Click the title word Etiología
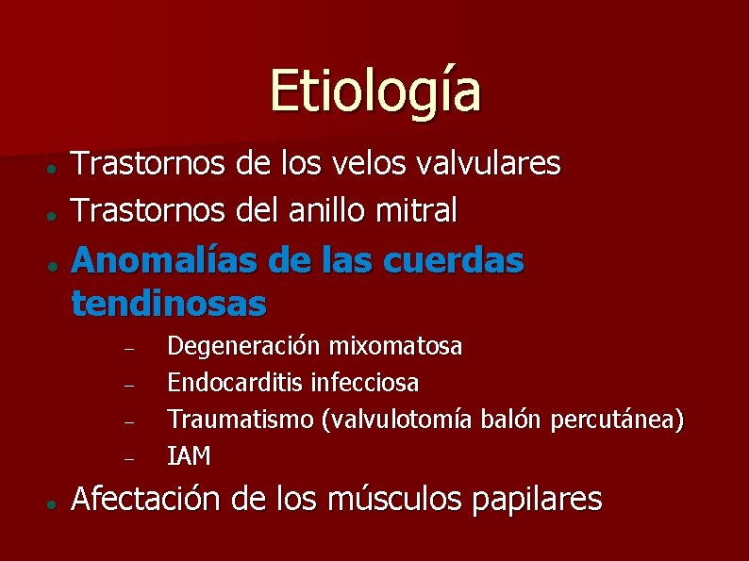374,91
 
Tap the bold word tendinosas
168,304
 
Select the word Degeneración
244,348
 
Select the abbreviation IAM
189,456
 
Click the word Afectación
152,499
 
